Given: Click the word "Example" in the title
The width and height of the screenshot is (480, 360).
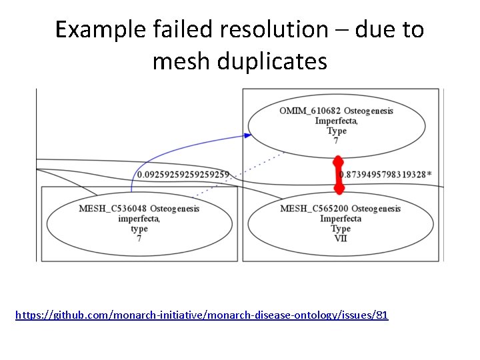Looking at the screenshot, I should [83, 29].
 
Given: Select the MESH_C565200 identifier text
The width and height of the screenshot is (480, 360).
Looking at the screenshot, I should [313, 209].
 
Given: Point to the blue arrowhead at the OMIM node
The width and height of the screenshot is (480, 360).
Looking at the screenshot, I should [247, 135].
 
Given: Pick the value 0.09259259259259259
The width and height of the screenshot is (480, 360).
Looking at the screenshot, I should [183, 175].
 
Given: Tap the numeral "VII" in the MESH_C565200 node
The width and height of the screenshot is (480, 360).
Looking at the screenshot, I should [341, 238].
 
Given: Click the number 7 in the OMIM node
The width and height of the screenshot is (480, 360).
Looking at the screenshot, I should [336, 141].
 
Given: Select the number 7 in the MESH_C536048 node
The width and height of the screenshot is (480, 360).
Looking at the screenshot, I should [139, 238].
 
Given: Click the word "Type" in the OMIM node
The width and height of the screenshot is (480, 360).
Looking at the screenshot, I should [337, 131].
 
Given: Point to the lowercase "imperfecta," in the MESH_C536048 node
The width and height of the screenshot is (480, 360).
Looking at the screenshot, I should [139, 219].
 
